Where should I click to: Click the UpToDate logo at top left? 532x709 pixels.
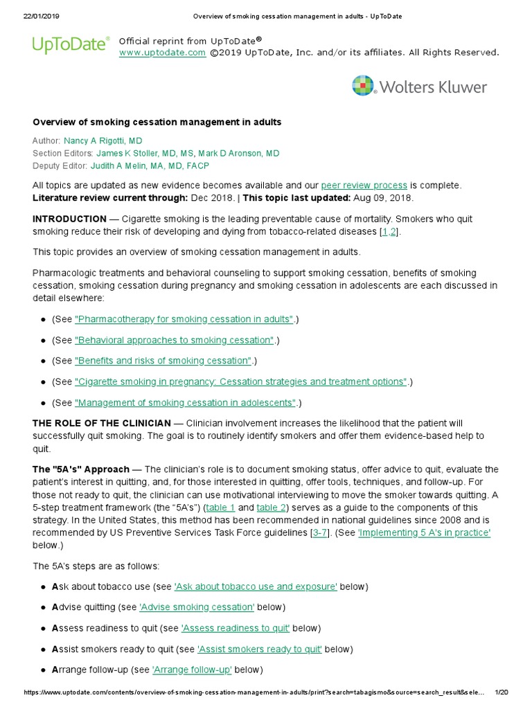[x=71, y=45]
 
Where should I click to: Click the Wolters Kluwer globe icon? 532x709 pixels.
[x=364, y=86]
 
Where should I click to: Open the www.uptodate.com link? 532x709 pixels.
[x=162, y=53]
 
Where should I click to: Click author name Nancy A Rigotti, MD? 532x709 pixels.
[x=103, y=141]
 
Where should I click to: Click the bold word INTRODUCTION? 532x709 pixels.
[x=69, y=219]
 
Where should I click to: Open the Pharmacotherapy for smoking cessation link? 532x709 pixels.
[x=184, y=319]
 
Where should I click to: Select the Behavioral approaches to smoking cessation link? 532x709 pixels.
[x=175, y=340]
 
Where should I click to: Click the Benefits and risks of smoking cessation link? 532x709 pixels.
[x=163, y=361]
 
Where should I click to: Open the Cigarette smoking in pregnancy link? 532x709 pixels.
[x=241, y=382]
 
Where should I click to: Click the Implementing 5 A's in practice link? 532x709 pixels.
[x=424, y=532]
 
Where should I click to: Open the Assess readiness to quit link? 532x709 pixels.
[x=236, y=628]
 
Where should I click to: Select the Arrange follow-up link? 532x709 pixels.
[x=192, y=670]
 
